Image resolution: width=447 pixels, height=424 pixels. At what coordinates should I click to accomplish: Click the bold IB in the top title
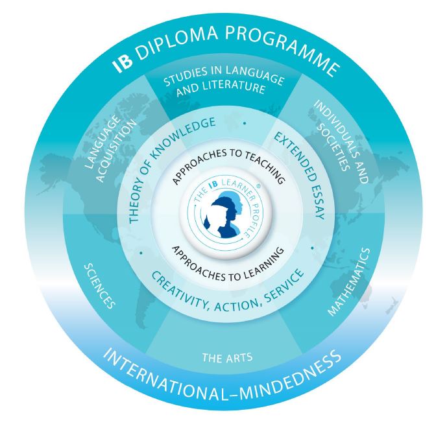point(123,63)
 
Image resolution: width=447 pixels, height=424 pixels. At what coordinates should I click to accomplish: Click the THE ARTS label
point(227,357)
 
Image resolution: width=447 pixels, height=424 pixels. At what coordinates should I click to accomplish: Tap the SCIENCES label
point(100,286)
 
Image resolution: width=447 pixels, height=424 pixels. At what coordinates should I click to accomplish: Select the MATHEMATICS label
point(349,282)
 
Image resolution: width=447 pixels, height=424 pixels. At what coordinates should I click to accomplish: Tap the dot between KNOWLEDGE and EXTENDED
point(245,123)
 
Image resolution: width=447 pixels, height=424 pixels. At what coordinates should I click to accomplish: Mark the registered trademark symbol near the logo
point(258,185)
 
